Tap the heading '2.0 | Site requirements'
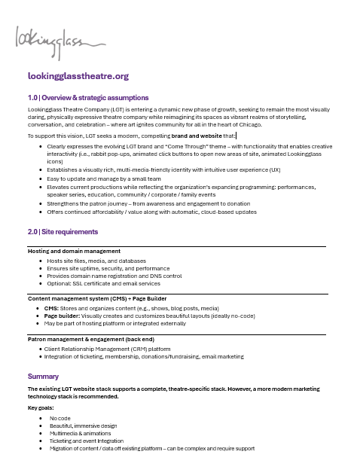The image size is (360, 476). point(63,231)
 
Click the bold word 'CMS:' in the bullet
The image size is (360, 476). point(53,308)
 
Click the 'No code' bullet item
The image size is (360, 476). point(60,417)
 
